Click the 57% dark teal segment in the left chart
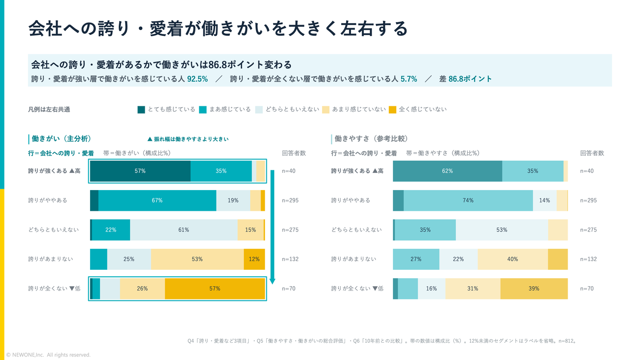coord(140,171)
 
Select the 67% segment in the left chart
coord(157,200)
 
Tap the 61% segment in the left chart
coord(184,229)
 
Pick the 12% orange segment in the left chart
coord(255,259)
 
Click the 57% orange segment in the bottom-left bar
coord(215,289)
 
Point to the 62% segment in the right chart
coord(448,171)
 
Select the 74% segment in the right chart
coord(468,200)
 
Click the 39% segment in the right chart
coord(534,289)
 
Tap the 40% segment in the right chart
coord(512,259)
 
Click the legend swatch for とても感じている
coord(141,109)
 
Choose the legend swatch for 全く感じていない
coord(392,109)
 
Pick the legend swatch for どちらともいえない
coord(259,109)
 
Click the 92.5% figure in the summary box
coord(197,79)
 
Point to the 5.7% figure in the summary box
coord(409,79)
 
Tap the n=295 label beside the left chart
coord(290,200)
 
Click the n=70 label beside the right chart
coord(587,289)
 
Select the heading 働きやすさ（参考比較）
coord(371,138)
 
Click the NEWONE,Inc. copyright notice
coord(48,355)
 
